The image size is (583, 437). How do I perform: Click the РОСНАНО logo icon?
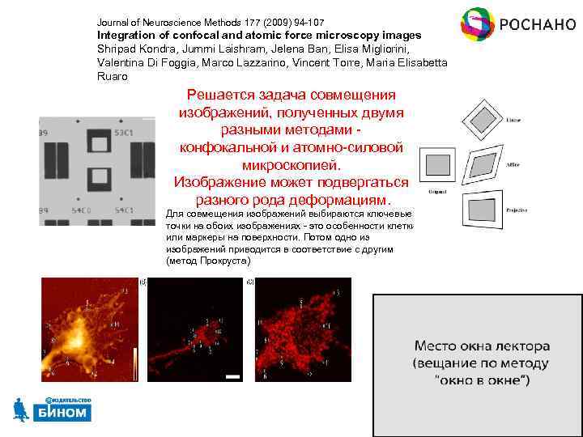[x=478, y=24]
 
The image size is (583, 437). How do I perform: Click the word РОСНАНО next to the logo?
[x=537, y=23]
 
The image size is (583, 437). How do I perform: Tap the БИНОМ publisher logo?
[x=53, y=409]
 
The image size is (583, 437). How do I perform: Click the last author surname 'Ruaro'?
[x=113, y=76]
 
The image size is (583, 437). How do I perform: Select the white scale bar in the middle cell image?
[x=232, y=376]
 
